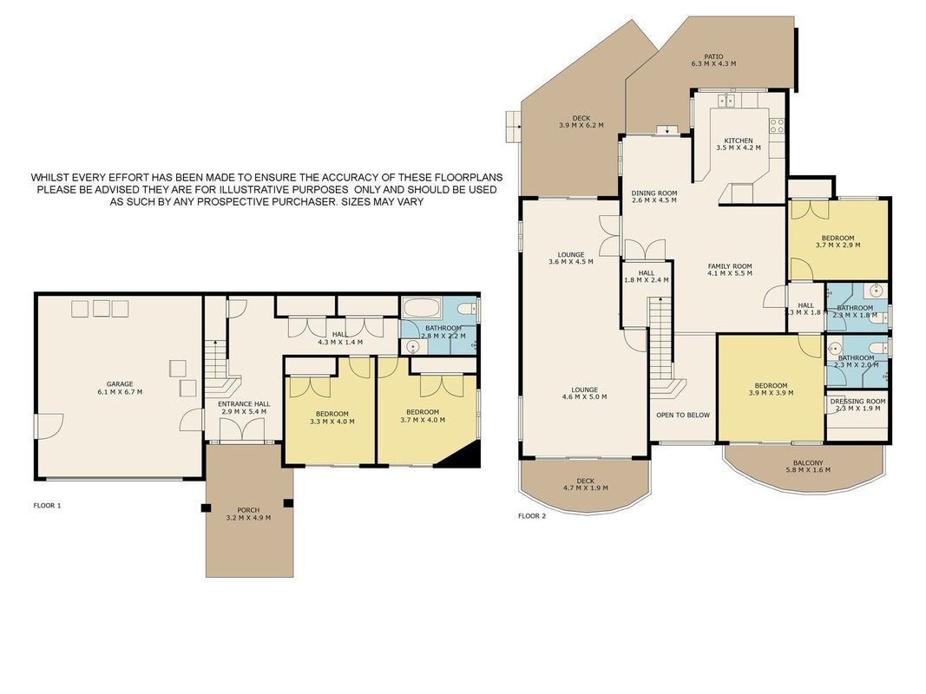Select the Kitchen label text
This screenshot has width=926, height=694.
(x=739, y=141)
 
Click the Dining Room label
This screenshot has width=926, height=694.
(x=654, y=193)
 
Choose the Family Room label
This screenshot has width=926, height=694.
(x=730, y=266)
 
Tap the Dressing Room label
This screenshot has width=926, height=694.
(x=858, y=402)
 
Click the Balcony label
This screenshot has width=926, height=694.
(x=808, y=462)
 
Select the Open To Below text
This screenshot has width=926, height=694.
(x=683, y=415)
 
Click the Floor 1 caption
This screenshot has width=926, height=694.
(x=47, y=506)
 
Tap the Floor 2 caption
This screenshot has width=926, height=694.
(x=532, y=516)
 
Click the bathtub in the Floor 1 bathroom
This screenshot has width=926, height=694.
(x=420, y=308)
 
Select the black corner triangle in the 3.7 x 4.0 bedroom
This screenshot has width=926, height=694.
(x=459, y=454)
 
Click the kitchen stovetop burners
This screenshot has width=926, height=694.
(x=777, y=125)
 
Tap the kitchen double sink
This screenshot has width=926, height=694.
(x=726, y=101)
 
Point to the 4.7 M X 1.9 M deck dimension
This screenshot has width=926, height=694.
(x=585, y=488)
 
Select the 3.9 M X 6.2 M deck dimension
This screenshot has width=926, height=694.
(x=581, y=125)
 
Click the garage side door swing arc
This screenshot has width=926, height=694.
(x=53, y=422)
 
